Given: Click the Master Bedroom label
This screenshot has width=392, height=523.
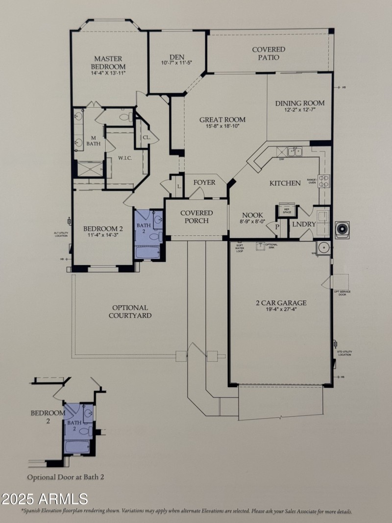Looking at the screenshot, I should coord(108,62).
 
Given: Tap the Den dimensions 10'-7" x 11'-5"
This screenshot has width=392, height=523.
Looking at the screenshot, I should coord(176,63).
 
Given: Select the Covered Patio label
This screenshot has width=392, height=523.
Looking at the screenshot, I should coord(269,53).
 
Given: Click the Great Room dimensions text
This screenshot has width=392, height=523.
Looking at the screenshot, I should coord(222,126).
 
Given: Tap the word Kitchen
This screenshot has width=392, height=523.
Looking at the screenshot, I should coord(285,183).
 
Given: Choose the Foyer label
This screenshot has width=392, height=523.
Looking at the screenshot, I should coord(204,182).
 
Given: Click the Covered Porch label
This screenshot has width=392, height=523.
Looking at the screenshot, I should coord(196,217).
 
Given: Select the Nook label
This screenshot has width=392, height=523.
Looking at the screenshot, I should coord(252,215).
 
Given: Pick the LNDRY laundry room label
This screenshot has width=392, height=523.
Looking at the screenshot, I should coord(304,224).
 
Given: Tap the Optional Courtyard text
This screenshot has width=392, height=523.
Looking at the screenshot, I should coord(130,312).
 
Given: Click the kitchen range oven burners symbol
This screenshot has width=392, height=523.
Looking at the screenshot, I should coord(324,181).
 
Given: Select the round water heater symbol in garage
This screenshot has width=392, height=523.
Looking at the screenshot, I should coord(323,248).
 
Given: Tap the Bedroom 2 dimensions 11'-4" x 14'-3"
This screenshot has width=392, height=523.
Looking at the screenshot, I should coord(102,235).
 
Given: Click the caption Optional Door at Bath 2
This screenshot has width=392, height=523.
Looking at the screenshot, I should coord(66,476).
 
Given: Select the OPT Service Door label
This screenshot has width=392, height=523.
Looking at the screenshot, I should coord(342,293).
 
